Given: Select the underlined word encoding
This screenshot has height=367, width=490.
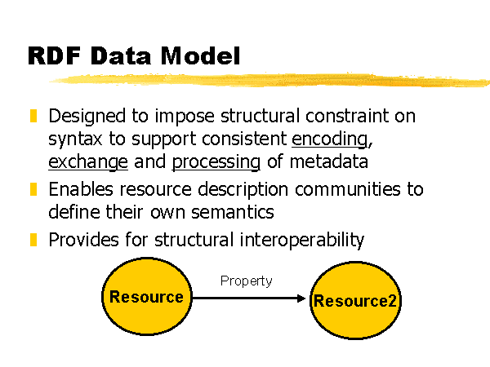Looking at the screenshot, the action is coord(330,139).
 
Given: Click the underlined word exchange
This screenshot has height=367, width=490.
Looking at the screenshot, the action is coord(88,162).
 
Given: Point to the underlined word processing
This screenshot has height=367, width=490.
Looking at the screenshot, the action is coord(216,162).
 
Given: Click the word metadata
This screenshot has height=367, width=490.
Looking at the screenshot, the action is coord(329,161).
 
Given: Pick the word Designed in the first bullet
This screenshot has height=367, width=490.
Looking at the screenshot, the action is coord(87,117).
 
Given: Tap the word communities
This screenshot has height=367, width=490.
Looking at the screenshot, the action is coord(348,189).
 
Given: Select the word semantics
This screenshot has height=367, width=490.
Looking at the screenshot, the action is coord(233,212).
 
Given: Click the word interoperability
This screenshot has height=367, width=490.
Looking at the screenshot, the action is coord(302,241).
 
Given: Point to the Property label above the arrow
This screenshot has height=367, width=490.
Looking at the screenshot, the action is coord(247,281).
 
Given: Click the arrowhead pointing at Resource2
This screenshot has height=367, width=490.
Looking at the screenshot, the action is coord(301,298).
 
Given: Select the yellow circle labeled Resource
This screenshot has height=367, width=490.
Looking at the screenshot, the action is coord(147,296).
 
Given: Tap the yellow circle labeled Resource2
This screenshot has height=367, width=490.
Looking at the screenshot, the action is coord(355,300).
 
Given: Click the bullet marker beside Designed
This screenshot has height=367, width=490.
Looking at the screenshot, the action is coord(33,116).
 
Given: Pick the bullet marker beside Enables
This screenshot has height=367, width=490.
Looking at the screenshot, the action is coord(33,189).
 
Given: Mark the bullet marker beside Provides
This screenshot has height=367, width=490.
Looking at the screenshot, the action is coord(33,240).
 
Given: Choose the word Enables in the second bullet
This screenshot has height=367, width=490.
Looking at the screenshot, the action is coord(81,189).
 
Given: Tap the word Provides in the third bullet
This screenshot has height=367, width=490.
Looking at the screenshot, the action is coord(84,240).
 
